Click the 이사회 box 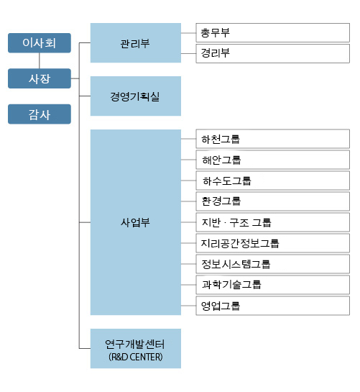click(x=40, y=43)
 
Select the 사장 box click(x=40, y=78)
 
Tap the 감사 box click(x=40, y=114)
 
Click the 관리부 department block click(x=136, y=42)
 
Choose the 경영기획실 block click(x=136, y=96)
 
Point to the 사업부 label click(x=135, y=222)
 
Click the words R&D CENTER click(x=136, y=357)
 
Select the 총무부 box click(x=273, y=33)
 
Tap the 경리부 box click(x=273, y=53)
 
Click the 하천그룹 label click(x=221, y=140)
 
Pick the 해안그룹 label click(x=221, y=160)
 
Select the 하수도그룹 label click(x=227, y=181)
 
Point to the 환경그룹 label click(x=221, y=201)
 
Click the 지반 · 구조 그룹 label click(x=236, y=222)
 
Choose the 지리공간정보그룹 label click(x=240, y=243)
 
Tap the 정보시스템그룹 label click(x=236, y=264)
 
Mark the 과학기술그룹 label click(x=231, y=285)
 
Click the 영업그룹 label click(x=221, y=306)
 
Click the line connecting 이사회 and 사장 click(x=40, y=60)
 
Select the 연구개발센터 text click(x=135, y=345)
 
